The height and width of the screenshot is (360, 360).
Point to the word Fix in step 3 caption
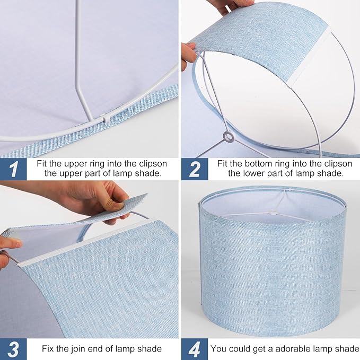click(49, 348)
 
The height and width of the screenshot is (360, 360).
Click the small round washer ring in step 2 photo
click(229, 137)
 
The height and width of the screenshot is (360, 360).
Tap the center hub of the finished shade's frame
click(274, 212)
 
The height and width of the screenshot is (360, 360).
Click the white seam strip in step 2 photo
click(304, 66)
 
